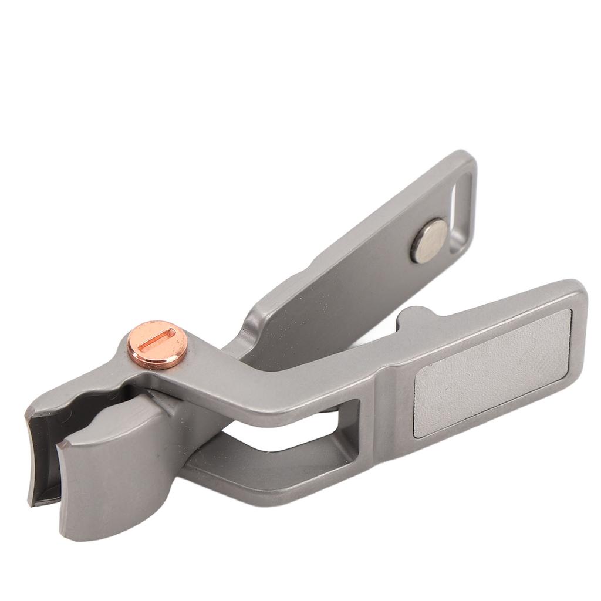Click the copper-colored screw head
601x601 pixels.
[x=157, y=345]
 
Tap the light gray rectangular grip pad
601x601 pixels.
[x=492, y=373]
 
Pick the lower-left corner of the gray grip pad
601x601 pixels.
[x=418, y=433]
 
